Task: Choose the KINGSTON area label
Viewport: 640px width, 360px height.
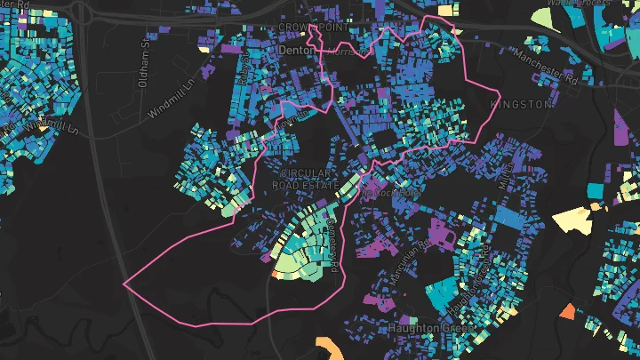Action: [x=520, y=104]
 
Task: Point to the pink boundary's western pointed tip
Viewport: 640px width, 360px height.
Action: [x=124, y=284]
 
